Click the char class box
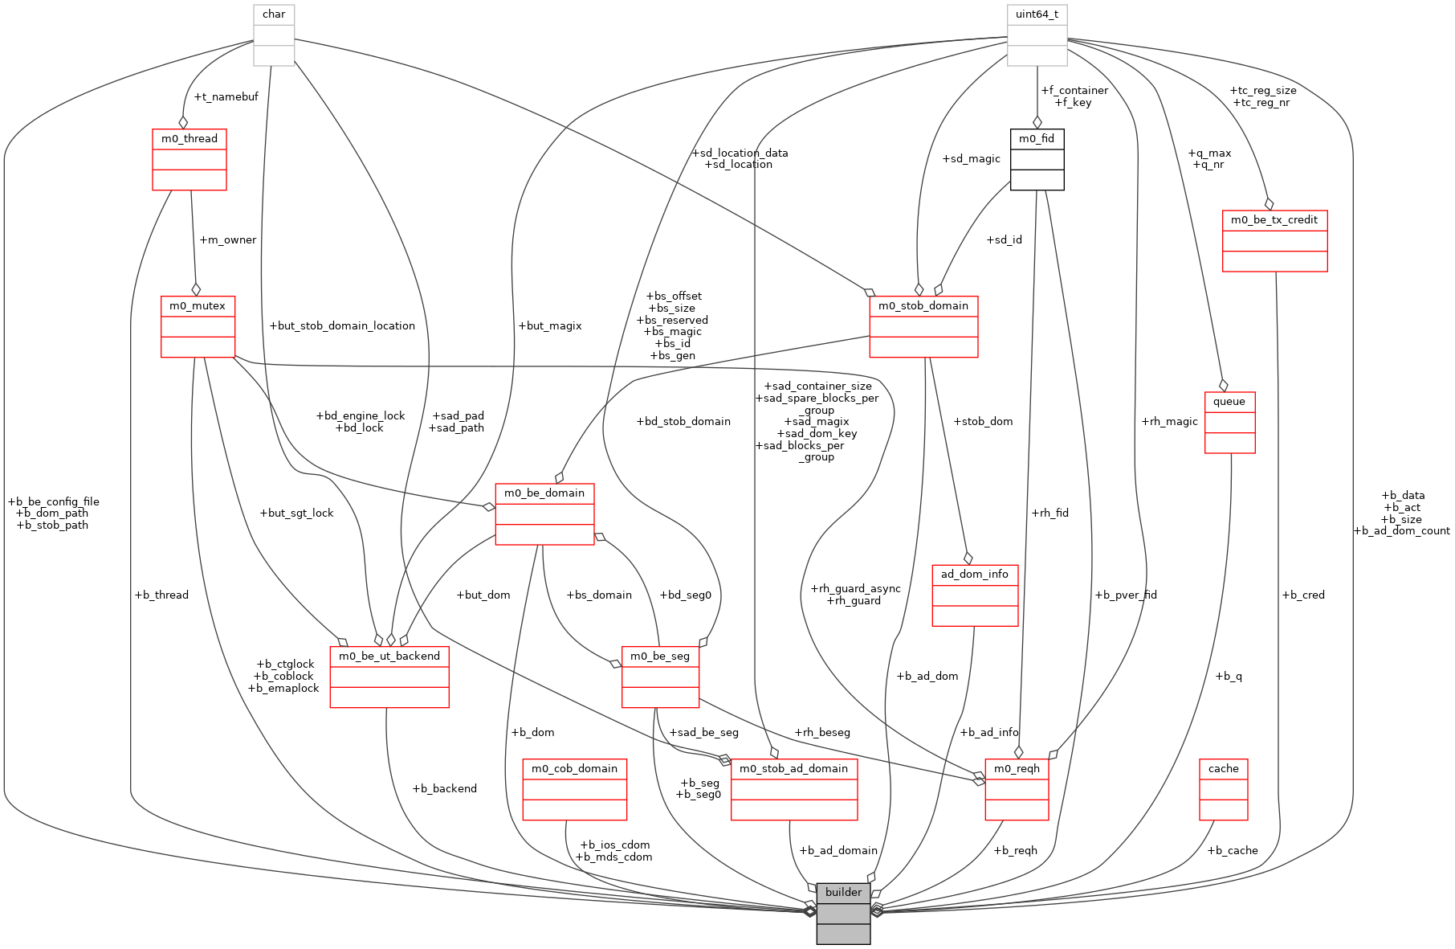[274, 35]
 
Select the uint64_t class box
[1037, 35]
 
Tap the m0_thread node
[190, 159]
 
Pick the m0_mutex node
[198, 326]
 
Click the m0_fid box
[1037, 159]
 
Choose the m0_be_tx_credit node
[1274, 240]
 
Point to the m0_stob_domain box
[923, 326]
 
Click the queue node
[1229, 422]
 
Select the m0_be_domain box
[544, 513]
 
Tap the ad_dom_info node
[975, 595]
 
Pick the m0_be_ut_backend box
[389, 677]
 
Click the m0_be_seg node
[660, 677]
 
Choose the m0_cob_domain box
[574, 789]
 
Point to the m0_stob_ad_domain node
[793, 789]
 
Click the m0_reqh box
[1017, 789]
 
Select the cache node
[1223, 789]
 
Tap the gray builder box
[843, 913]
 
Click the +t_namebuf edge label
[226, 96]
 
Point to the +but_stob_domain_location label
[342, 325]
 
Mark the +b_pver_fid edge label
[1125, 595]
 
